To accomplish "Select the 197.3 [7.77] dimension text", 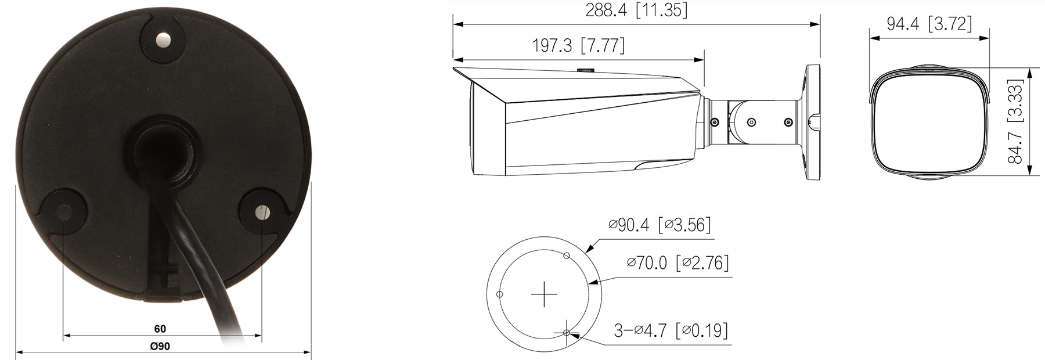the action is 578,45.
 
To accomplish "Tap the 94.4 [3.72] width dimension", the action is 929,24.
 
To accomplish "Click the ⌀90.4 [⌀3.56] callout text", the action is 660,224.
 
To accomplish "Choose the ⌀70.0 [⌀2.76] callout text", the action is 678,262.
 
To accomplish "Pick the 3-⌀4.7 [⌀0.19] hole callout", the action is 671,330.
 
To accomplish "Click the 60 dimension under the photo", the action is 160,329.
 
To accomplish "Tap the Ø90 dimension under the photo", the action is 160,346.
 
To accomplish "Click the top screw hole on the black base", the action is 164,40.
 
